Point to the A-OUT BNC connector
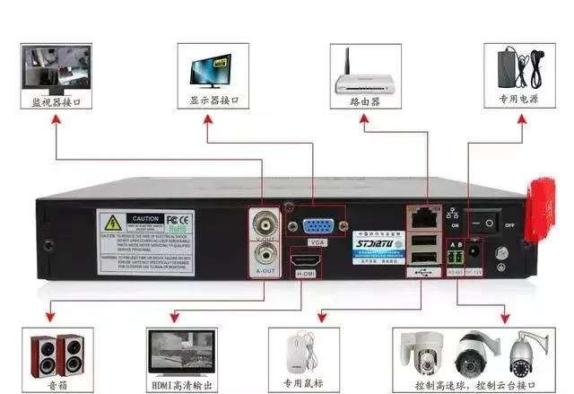[x=265, y=257]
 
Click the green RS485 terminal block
[x=457, y=255]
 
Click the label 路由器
[x=364, y=102]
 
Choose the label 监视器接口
[x=57, y=102]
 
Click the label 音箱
[x=56, y=386]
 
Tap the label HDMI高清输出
[x=182, y=386]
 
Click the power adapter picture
[x=520, y=65]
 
